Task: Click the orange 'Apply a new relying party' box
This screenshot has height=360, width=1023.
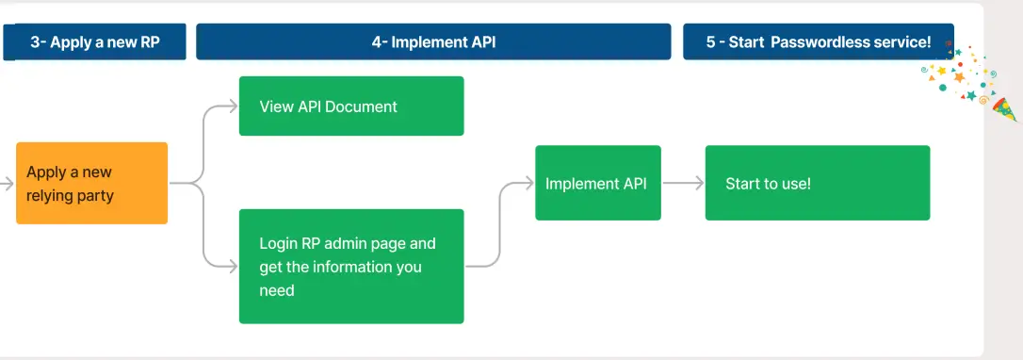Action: coord(91,183)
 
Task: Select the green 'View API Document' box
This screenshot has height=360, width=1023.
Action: coord(351,106)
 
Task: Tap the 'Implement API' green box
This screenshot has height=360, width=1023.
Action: coord(597,183)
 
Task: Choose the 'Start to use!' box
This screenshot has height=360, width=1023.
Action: coord(817,183)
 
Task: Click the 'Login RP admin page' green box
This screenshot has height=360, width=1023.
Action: coord(351,267)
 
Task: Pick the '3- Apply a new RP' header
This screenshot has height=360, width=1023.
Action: coord(94,42)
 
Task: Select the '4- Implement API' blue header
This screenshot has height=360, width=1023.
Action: coord(433,42)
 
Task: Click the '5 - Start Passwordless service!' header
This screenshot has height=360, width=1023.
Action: coord(818,42)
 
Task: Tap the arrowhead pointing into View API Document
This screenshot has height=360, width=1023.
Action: coord(233,106)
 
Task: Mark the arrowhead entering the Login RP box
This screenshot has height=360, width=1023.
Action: coord(233,267)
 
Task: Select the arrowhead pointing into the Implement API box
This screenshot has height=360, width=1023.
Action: coord(529,183)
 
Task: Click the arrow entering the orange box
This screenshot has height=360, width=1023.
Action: coord(8,183)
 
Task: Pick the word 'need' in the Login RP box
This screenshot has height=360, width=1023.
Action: coord(277,290)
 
